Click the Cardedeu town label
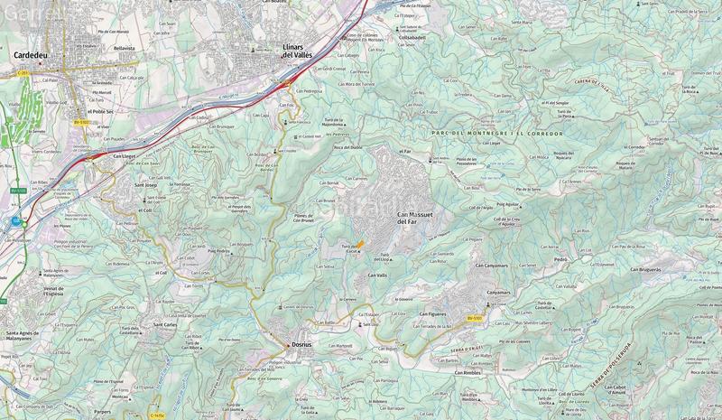(x=32, y=54)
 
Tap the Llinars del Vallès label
(x=303, y=51)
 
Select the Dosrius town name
(x=301, y=344)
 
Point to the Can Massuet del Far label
(x=413, y=217)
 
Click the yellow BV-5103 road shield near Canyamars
(x=475, y=317)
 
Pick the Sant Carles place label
(x=164, y=323)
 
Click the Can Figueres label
(x=435, y=313)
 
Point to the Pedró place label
(x=560, y=258)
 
